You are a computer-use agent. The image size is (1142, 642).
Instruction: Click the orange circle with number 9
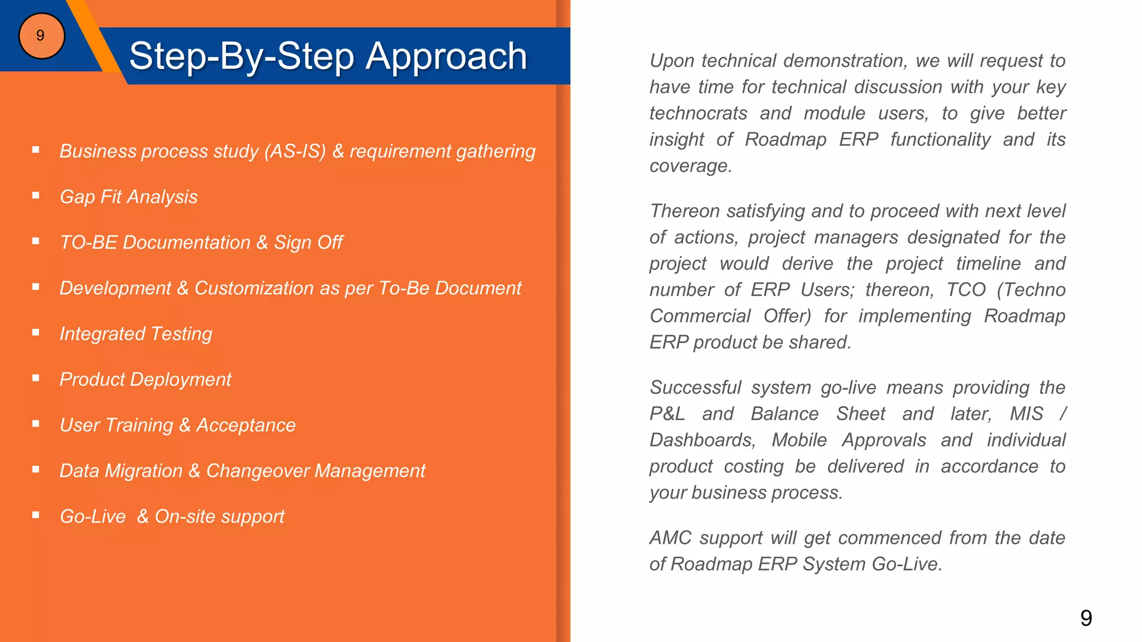[41, 36]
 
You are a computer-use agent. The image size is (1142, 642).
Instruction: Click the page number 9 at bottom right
[1086, 618]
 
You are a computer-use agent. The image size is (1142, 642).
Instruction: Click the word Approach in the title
[446, 56]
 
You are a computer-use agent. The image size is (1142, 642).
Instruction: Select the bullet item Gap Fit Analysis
[128, 197]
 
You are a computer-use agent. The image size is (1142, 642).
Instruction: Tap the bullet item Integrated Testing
[136, 334]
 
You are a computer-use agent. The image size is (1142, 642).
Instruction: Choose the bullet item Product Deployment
[145, 380]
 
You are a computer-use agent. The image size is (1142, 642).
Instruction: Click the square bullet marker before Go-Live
[36, 515]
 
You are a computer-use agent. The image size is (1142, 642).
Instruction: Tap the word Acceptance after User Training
[245, 425]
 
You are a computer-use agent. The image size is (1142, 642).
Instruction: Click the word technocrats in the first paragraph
[698, 113]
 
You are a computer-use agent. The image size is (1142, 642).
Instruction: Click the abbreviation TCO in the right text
[966, 290]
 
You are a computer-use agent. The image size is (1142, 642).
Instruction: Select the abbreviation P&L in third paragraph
[667, 414]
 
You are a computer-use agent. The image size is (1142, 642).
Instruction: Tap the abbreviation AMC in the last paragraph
[670, 538]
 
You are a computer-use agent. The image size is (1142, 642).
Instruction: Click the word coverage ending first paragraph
[690, 166]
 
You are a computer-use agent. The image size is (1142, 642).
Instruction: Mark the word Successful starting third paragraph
[695, 388]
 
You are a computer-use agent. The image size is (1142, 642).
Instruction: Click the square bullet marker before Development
[36, 286]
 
